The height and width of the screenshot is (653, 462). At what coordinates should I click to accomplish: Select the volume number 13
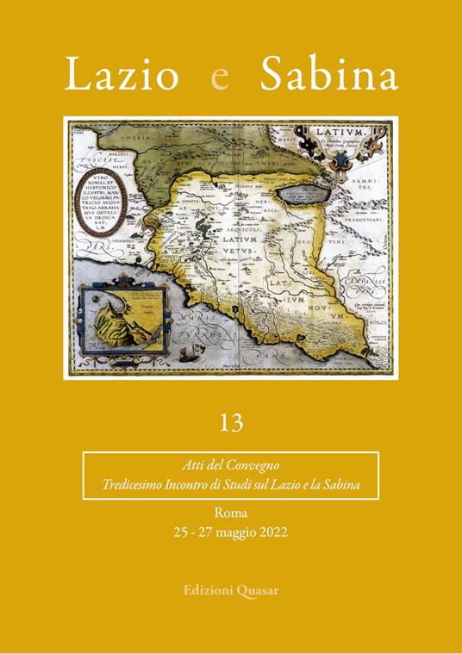(231, 422)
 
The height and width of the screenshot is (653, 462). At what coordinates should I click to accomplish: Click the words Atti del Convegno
(230, 467)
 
